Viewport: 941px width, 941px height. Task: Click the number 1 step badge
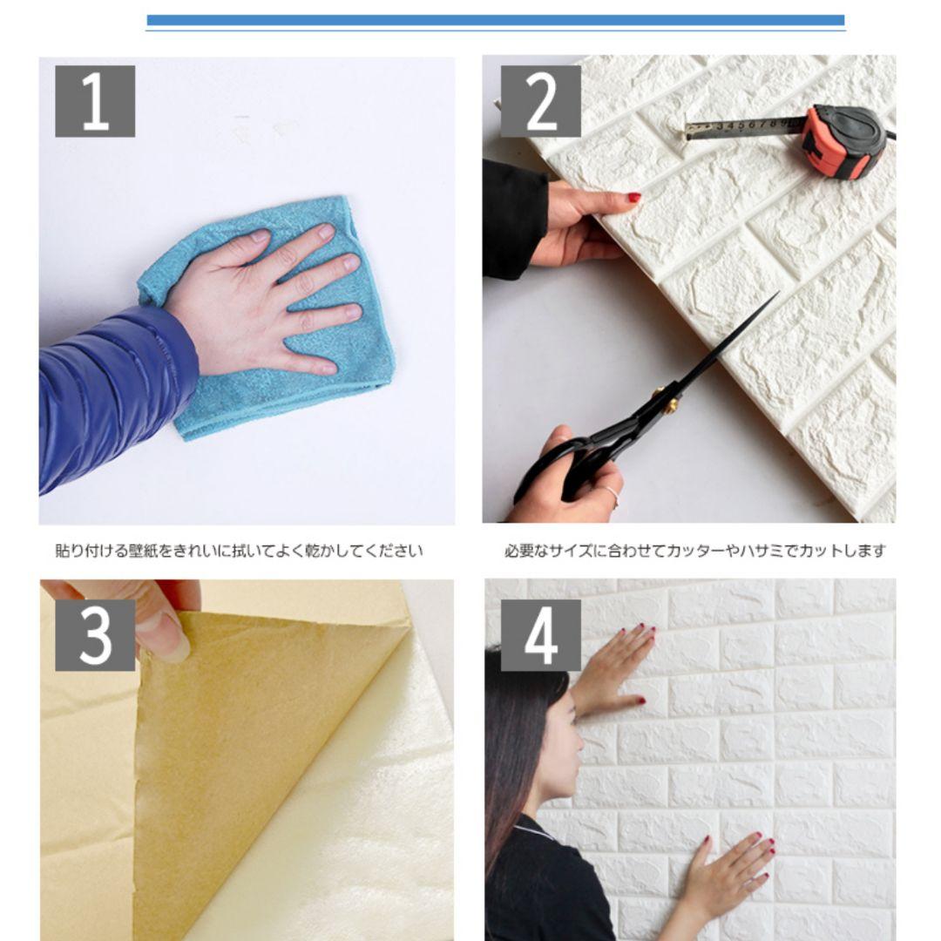point(95,101)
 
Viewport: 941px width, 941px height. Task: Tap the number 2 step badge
point(541,101)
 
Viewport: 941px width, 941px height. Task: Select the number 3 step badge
point(95,635)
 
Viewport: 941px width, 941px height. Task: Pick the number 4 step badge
point(541,635)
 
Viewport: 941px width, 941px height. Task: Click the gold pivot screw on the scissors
point(673,406)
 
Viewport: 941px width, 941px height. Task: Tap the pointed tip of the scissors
point(778,292)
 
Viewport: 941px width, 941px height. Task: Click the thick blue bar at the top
point(496,20)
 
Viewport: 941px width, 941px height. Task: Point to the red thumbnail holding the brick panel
point(633,197)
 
